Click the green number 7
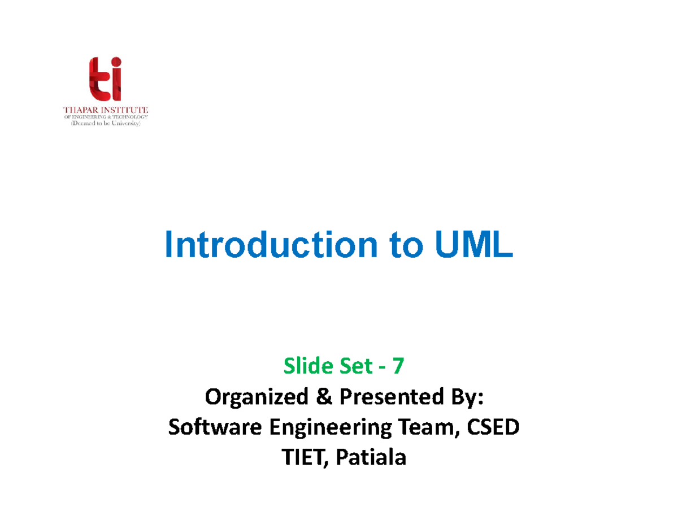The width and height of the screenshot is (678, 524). tap(398, 367)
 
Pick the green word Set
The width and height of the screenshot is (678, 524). tap(345, 367)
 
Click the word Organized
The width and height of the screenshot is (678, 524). tap(250, 399)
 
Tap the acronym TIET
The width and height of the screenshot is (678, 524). tap(301, 458)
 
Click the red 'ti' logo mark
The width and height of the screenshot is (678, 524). tap(105, 79)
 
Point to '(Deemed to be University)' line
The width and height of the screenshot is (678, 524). tap(105, 125)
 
